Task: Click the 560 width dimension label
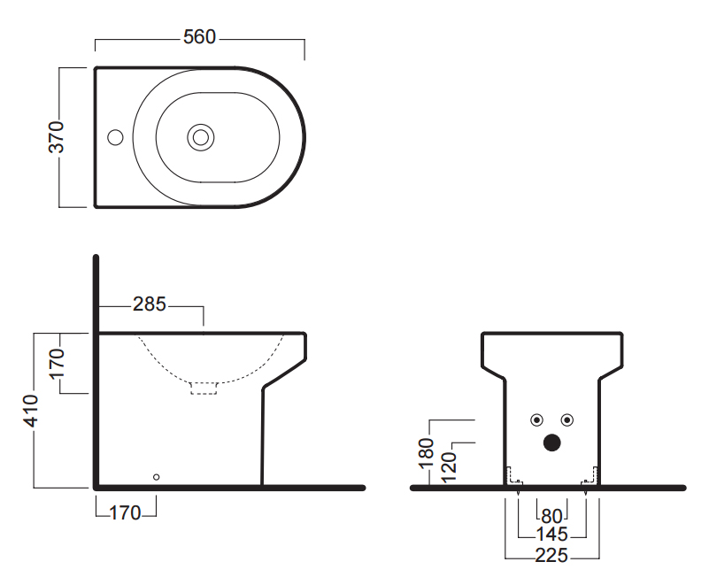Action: [x=199, y=37]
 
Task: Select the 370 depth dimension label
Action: [x=57, y=137]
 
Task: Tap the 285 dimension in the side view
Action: [x=150, y=304]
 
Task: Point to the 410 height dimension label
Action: [x=31, y=411]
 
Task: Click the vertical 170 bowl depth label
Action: [x=57, y=363]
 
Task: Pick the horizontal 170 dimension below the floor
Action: [x=126, y=513]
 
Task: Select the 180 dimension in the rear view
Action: [x=427, y=453]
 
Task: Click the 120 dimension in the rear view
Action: [x=449, y=468]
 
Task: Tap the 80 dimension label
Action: [x=551, y=516]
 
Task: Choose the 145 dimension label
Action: [x=551, y=535]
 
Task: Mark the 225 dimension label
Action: [x=551, y=555]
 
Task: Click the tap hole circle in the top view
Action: [x=115, y=137]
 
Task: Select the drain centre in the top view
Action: [x=201, y=137]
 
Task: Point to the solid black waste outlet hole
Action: [x=551, y=443]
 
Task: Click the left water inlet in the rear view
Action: [x=536, y=420]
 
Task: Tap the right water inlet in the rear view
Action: [x=567, y=420]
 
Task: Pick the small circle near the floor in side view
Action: [x=157, y=477]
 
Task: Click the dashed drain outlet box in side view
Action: [x=204, y=389]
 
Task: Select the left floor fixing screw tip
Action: [x=518, y=495]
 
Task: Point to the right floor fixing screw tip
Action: [x=586, y=495]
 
